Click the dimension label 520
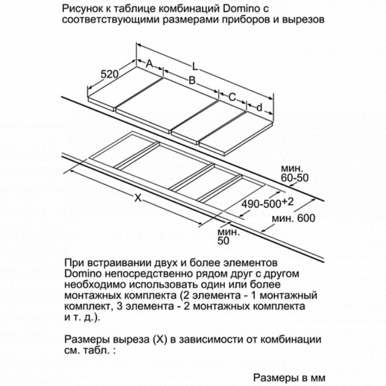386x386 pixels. pos(109,74)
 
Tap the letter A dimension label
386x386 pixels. pos(150,64)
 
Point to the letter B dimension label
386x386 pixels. pos(191,81)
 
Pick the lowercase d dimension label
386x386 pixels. pos(259,108)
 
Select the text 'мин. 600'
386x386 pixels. pos(293,218)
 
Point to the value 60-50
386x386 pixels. pos(294,178)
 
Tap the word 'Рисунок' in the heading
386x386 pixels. pos(80,9)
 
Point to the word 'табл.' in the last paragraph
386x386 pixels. pos(95,351)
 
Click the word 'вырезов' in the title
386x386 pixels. pos(306,21)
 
